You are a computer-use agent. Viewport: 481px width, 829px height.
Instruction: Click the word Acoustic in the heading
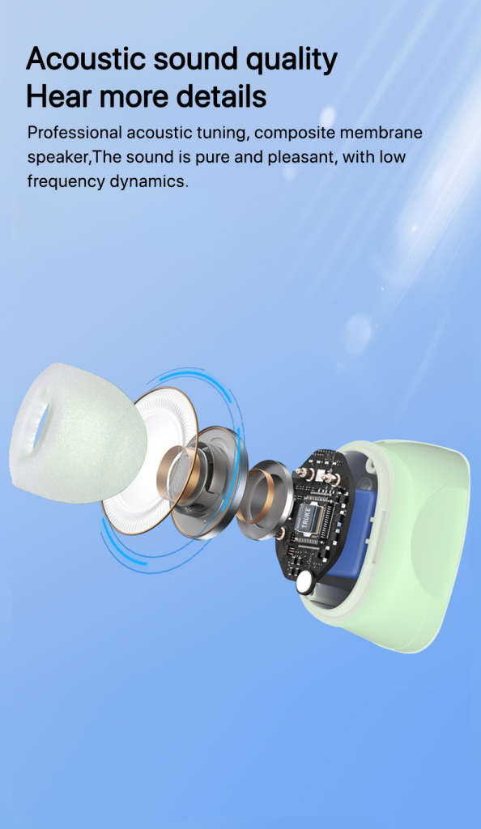86,58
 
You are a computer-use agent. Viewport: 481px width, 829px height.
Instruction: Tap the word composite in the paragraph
294,134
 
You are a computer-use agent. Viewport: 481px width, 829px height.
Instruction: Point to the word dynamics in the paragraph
148,182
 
